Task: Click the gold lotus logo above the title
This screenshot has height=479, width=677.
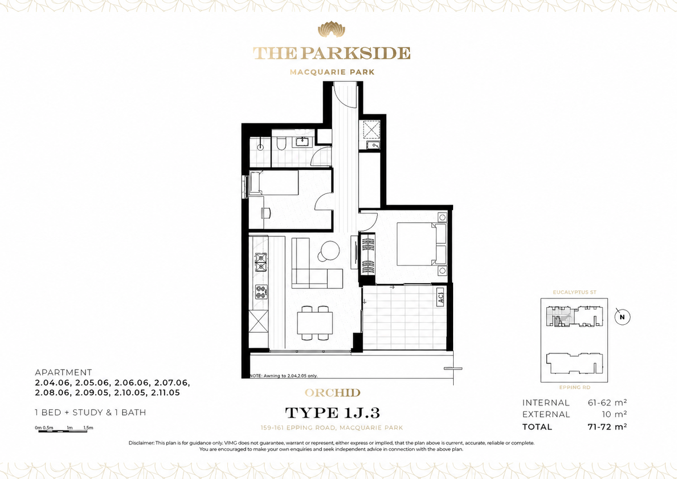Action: pyautogui.click(x=331, y=30)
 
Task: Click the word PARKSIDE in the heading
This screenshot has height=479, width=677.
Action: pyautogui.click(x=356, y=54)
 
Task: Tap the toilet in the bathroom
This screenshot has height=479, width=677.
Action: pyautogui.click(x=281, y=143)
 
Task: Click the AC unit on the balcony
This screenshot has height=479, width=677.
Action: pyautogui.click(x=440, y=297)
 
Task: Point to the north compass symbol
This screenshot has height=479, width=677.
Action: pyautogui.click(x=622, y=317)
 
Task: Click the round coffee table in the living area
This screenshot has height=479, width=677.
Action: pyautogui.click(x=330, y=250)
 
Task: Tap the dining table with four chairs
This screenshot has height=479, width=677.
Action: pyautogui.click(x=315, y=322)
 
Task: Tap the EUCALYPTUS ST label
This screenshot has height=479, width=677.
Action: pyautogui.click(x=574, y=292)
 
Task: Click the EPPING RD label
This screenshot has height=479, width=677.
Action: pyautogui.click(x=574, y=387)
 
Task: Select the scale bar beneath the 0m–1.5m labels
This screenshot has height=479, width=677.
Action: pyautogui.click(x=63, y=431)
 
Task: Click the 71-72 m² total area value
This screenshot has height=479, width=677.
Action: pyautogui.click(x=607, y=427)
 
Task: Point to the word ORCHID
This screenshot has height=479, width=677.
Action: pyautogui.click(x=332, y=393)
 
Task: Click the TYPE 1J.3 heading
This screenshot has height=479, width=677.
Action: pyautogui.click(x=332, y=413)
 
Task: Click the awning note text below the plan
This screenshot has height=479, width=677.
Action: pyautogui.click(x=283, y=376)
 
